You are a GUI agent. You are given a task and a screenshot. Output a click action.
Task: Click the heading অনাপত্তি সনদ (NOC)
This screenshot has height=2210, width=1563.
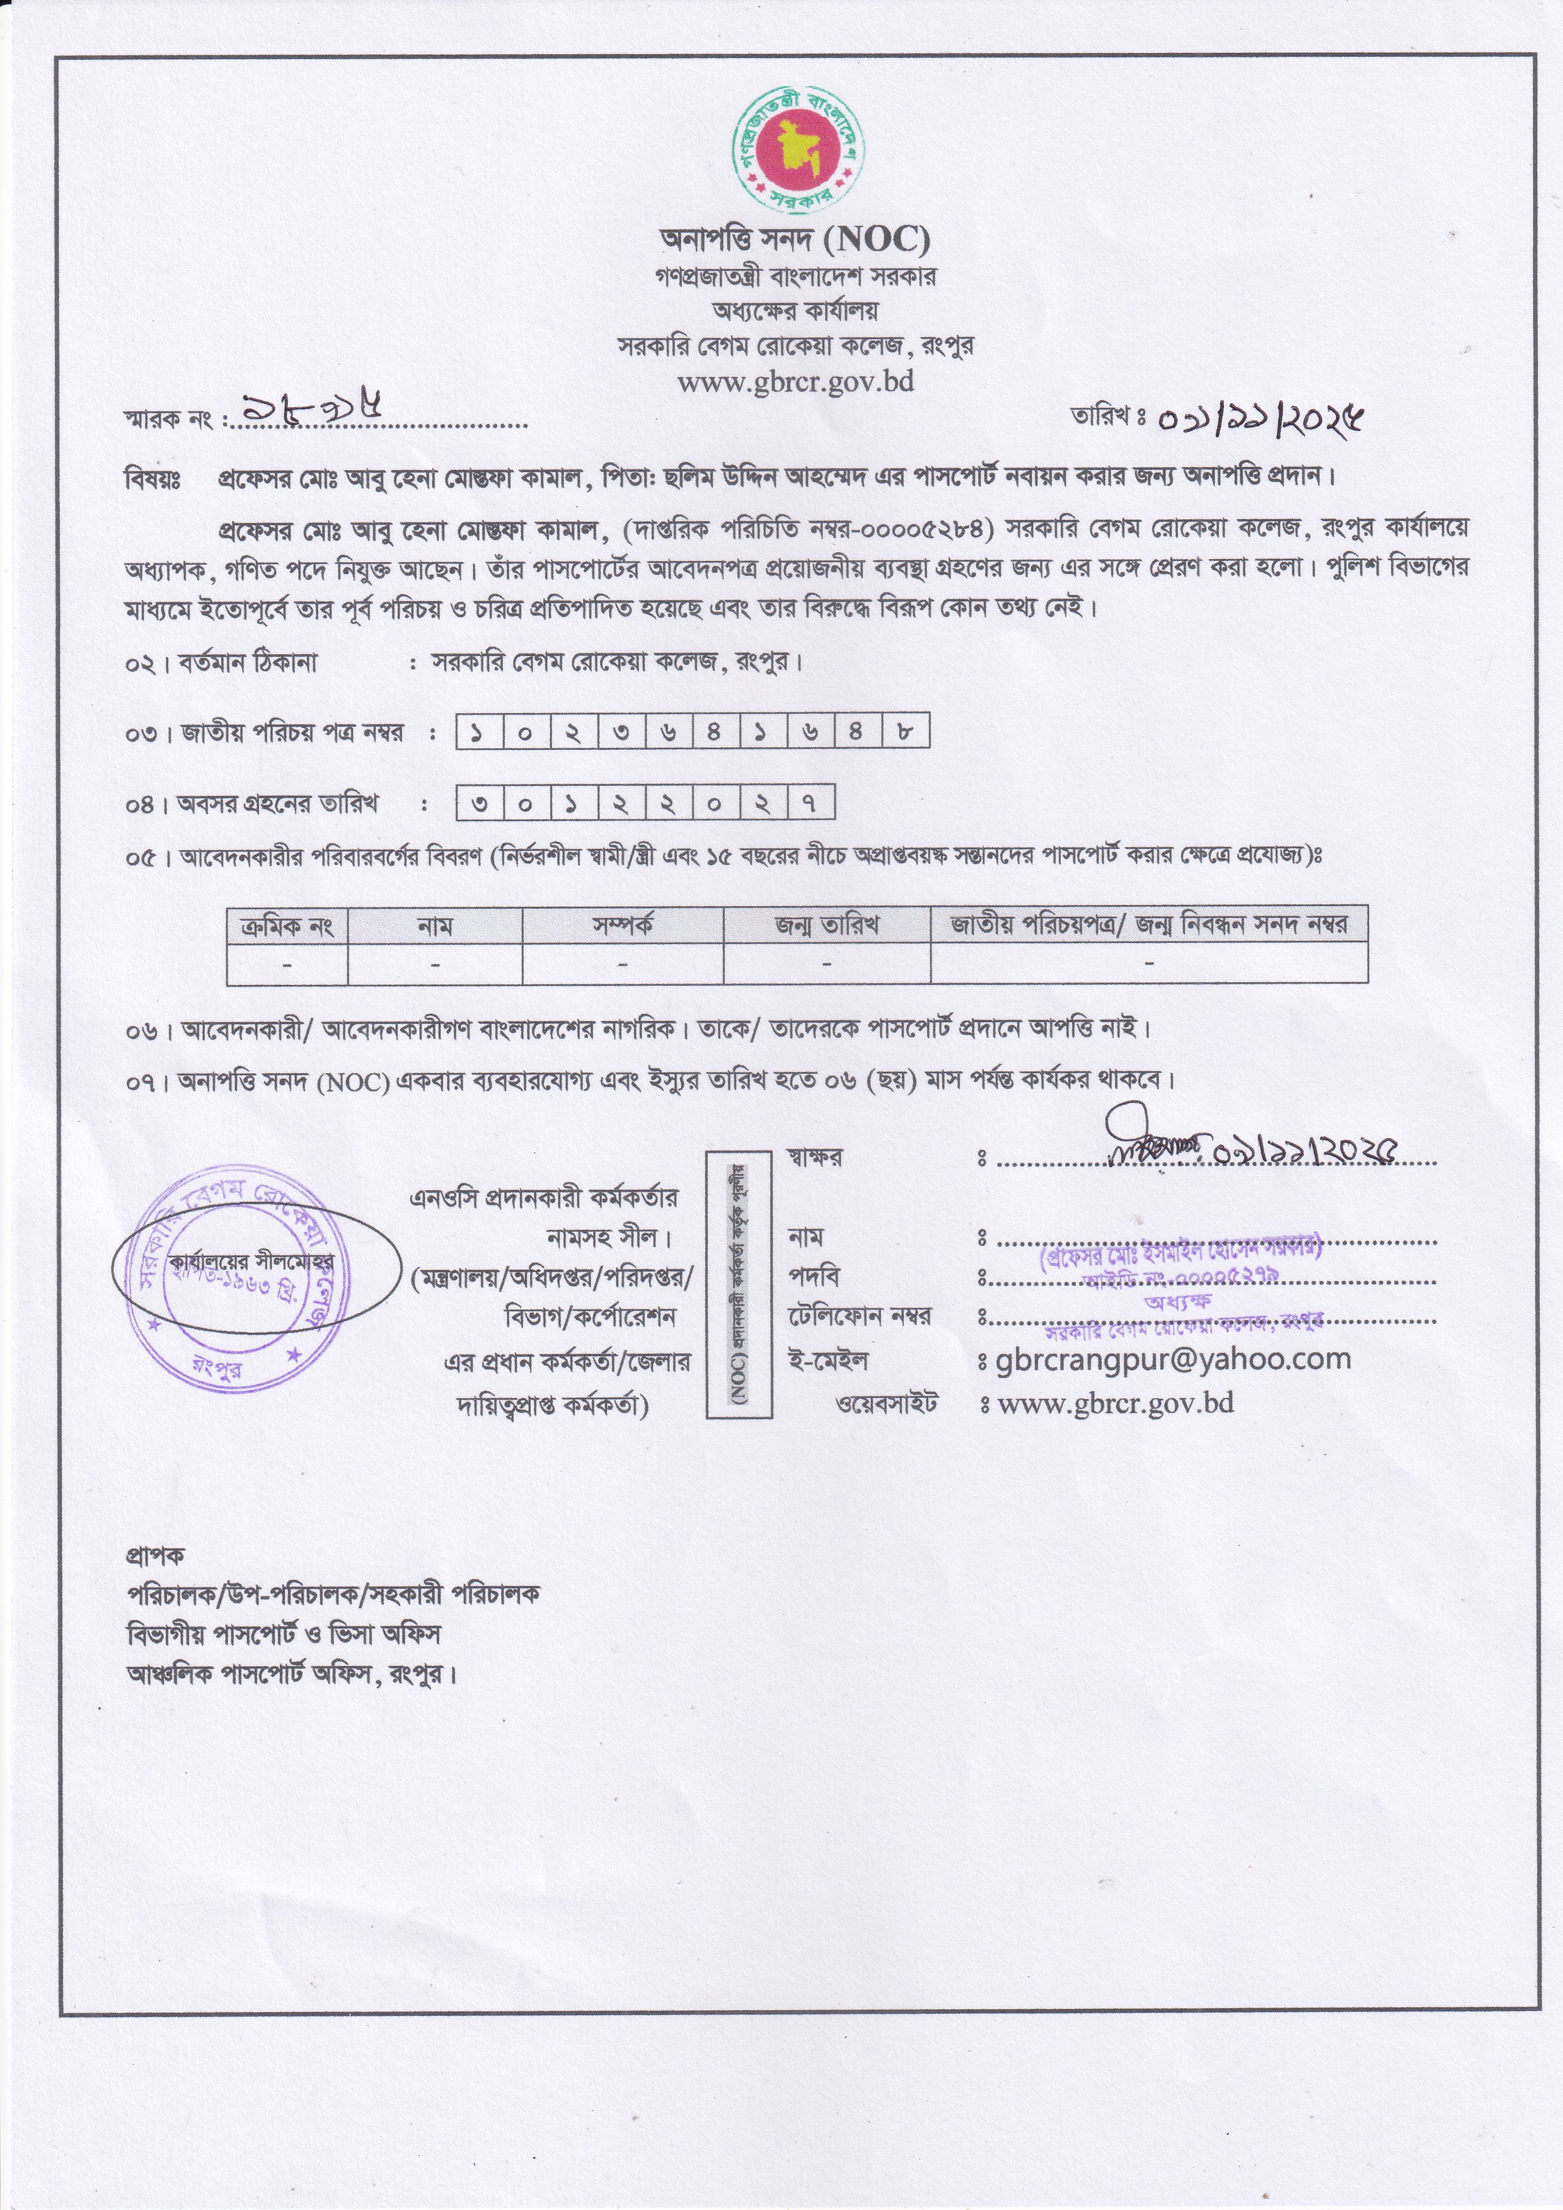pyautogui.click(x=794, y=237)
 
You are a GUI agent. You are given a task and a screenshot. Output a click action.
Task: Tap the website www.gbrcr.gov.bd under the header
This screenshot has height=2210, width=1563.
pyautogui.click(x=795, y=382)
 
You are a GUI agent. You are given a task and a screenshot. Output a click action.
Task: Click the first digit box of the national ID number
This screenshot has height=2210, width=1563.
pyautogui.click(x=477, y=734)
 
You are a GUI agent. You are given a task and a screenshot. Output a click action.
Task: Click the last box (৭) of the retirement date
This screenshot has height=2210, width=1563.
pyautogui.click(x=810, y=803)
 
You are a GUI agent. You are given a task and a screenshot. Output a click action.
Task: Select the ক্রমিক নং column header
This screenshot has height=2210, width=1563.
pyautogui.click(x=287, y=926)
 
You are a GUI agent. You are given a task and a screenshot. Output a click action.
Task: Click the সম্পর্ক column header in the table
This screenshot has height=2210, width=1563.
pyautogui.click(x=623, y=926)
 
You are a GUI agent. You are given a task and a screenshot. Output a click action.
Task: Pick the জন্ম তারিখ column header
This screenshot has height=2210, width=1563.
pyautogui.click(x=827, y=926)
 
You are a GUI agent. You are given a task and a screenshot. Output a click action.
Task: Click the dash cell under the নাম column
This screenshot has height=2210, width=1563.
pyautogui.click(x=435, y=964)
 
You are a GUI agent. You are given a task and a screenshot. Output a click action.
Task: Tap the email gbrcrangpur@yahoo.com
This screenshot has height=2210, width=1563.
pyautogui.click(x=1174, y=1359)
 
